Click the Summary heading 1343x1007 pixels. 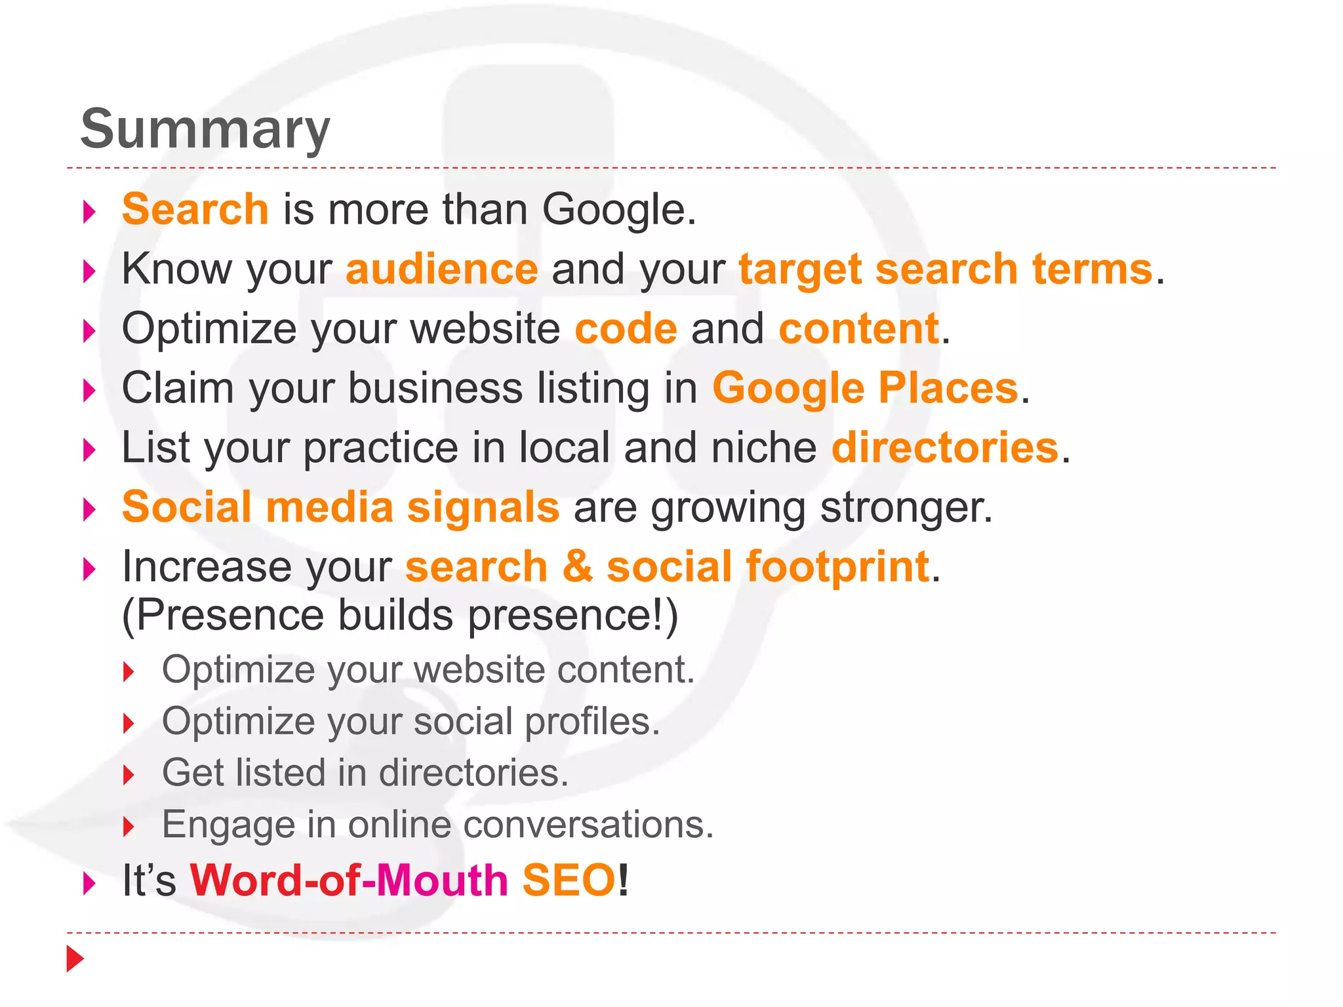(205, 129)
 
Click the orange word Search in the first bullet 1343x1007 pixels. (195, 209)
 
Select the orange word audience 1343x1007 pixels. (442, 269)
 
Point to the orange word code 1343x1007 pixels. (626, 328)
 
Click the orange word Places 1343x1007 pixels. (948, 387)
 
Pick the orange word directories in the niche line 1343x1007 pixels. (945, 447)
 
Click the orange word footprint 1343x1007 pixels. (837, 566)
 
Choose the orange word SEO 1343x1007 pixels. (569, 880)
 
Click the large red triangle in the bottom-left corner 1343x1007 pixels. (75, 958)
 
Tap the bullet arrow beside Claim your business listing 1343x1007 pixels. (90, 391)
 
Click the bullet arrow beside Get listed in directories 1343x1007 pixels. (129, 776)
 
